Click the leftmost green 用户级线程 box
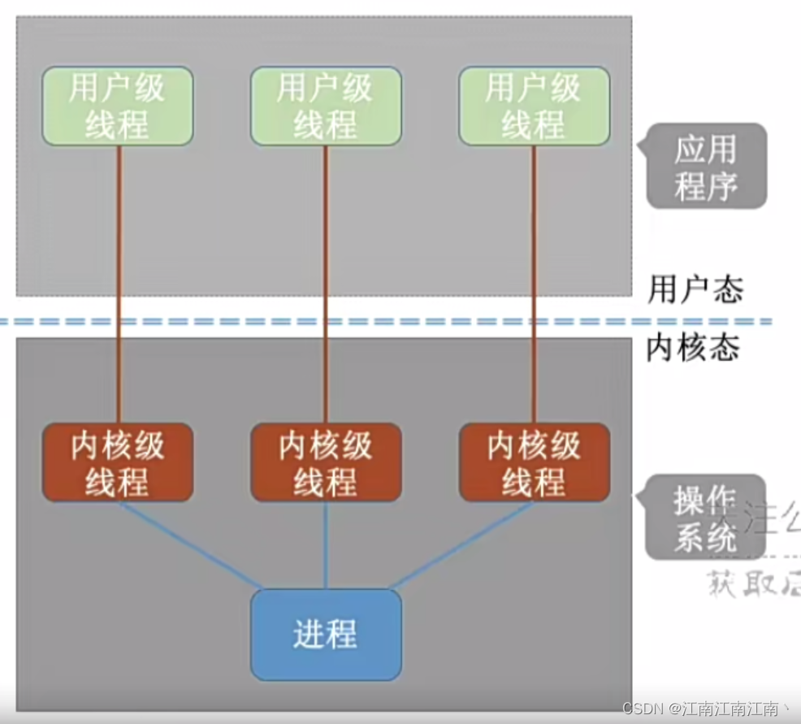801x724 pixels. point(118,106)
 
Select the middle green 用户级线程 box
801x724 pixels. point(326,106)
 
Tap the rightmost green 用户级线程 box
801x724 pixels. point(534,106)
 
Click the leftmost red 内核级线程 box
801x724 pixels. point(118,462)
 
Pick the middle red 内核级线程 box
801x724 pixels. point(326,462)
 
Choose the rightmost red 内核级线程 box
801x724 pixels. point(534,462)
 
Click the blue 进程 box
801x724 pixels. point(326,635)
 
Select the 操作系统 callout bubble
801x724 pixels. point(704,518)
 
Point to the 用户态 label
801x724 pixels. point(695,288)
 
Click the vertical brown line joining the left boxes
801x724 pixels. point(119,284)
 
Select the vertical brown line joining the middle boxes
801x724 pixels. point(327,284)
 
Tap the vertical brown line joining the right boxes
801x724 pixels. point(535,284)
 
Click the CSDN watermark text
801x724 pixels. point(707,709)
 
